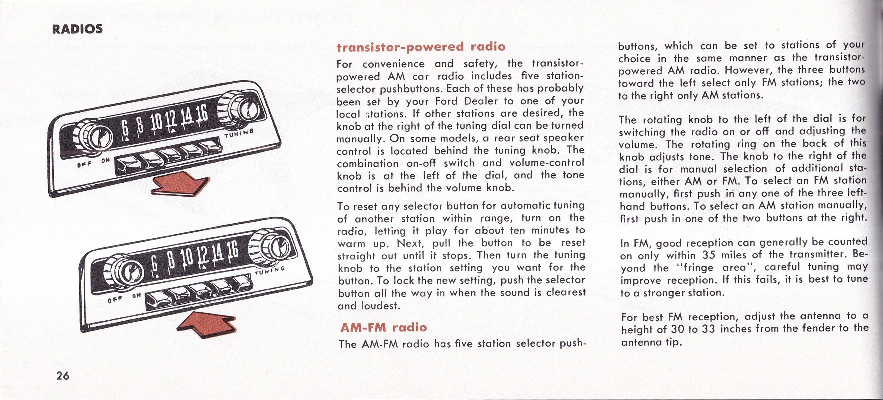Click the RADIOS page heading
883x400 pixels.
click(77, 29)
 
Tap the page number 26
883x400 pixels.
click(63, 376)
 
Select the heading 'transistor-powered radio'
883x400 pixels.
click(421, 47)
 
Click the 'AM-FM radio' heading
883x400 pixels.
click(384, 327)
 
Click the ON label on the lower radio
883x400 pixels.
click(136, 295)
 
